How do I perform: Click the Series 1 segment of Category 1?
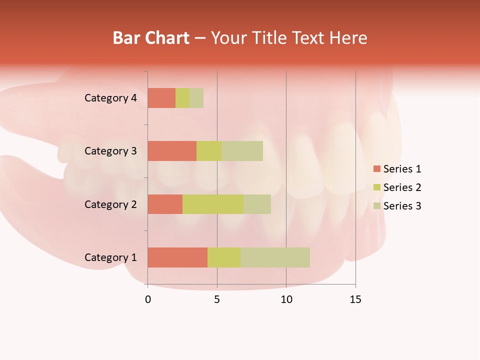tap(177, 257)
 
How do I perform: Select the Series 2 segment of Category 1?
tap(224, 257)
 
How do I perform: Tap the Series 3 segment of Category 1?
tap(275, 257)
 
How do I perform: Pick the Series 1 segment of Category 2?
tap(165, 204)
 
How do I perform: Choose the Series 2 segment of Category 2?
tap(213, 204)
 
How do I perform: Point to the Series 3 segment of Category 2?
tap(257, 204)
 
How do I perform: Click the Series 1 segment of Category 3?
tap(172, 151)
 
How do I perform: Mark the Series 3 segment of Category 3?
tap(242, 151)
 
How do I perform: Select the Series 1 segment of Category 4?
tap(161, 98)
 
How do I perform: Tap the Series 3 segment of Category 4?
tap(196, 98)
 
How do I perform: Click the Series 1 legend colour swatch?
tap(376, 169)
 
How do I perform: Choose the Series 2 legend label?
tap(402, 187)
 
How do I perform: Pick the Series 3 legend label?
tap(402, 206)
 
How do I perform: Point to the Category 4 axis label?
tap(110, 98)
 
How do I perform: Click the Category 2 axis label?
tap(110, 204)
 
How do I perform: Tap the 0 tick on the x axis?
tap(147, 299)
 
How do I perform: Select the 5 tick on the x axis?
tap(217, 299)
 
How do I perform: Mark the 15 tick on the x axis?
tap(355, 299)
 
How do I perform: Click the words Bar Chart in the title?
tap(151, 38)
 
